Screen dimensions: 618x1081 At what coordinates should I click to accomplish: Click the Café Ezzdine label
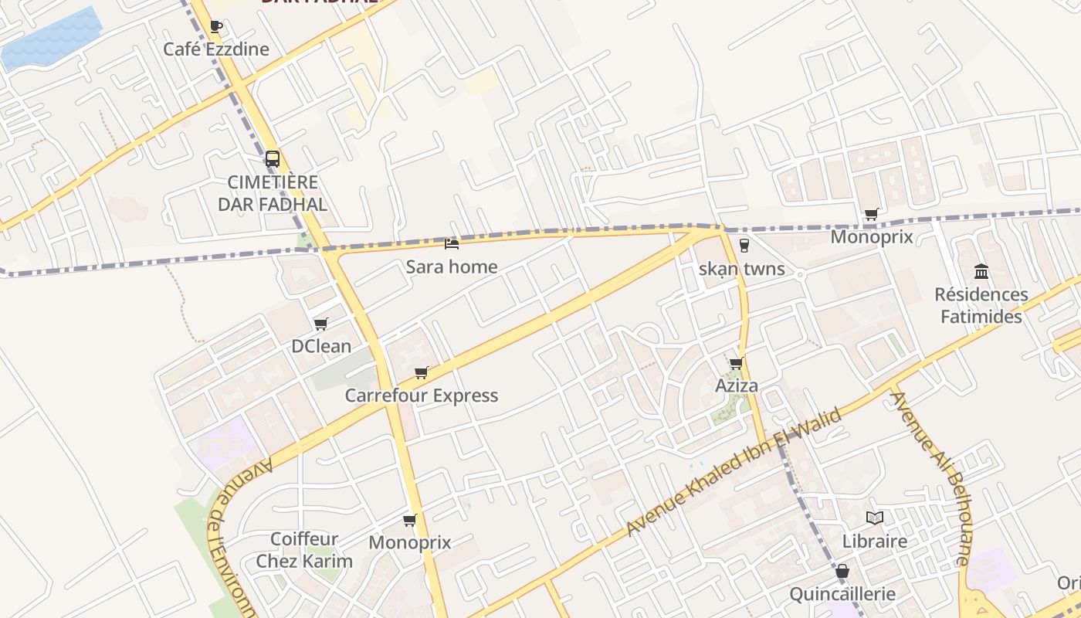pyautogui.click(x=216, y=49)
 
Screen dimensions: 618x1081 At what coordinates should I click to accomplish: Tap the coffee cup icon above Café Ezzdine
pyautogui.click(x=216, y=27)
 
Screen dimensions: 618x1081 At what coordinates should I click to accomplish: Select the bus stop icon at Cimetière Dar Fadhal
pyautogui.click(x=273, y=159)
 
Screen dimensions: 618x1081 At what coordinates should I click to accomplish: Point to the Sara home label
pyautogui.click(x=452, y=267)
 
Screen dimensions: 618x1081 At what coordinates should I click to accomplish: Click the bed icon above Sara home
pyautogui.click(x=452, y=244)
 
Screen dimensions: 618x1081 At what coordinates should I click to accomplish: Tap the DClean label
pyautogui.click(x=321, y=346)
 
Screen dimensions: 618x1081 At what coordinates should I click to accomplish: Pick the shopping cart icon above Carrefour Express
pyautogui.click(x=421, y=373)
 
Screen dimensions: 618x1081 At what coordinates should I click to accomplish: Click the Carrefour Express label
pyautogui.click(x=421, y=396)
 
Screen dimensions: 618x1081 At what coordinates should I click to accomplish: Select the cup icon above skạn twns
pyautogui.click(x=744, y=246)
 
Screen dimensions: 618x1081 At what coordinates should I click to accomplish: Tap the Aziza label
pyautogui.click(x=737, y=385)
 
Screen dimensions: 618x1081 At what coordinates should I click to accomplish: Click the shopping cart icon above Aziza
pyautogui.click(x=736, y=363)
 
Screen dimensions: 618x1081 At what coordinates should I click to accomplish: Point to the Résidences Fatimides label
pyautogui.click(x=981, y=305)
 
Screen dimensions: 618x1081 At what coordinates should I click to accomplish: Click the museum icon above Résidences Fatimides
pyautogui.click(x=981, y=271)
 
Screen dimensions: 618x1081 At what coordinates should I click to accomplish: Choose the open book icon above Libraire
pyautogui.click(x=875, y=518)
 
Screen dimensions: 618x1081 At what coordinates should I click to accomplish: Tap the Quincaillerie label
pyautogui.click(x=842, y=594)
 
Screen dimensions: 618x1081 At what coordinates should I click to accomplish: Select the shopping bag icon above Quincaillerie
pyautogui.click(x=842, y=572)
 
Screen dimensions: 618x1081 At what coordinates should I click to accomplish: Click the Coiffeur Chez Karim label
pyautogui.click(x=304, y=550)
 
